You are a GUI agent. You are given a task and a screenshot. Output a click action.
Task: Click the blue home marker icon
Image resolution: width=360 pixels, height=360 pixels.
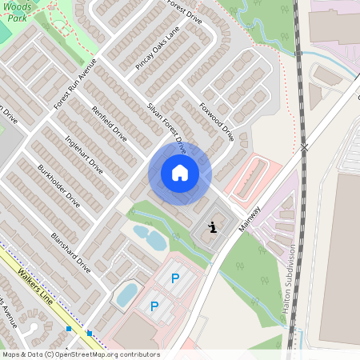pos(180,173)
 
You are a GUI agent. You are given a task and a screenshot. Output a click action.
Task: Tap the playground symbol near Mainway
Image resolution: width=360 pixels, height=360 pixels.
pos(211,229)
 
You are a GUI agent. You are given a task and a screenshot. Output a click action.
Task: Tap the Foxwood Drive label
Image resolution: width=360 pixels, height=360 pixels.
pos(216,121)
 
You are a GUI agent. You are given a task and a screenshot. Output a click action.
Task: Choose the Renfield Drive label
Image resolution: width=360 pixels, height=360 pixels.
pos(110,124)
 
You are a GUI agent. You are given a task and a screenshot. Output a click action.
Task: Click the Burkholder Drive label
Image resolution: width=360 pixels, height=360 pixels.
pos(58,185)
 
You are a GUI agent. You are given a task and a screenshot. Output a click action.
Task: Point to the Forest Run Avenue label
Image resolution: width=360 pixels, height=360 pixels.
pos(74,84)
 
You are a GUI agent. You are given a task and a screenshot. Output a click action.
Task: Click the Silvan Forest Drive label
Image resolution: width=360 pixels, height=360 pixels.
pos(166,126)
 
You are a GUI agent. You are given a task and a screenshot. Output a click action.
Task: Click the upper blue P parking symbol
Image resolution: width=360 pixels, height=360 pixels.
pos(175,278)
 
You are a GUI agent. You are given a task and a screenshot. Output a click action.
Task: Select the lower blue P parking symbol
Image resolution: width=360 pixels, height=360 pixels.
pos(154,306)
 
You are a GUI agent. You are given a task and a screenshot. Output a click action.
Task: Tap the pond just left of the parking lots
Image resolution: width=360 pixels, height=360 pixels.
pos(127,294)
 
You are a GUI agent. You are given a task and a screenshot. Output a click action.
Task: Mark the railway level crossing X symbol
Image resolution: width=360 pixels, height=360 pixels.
pos(304,148)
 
